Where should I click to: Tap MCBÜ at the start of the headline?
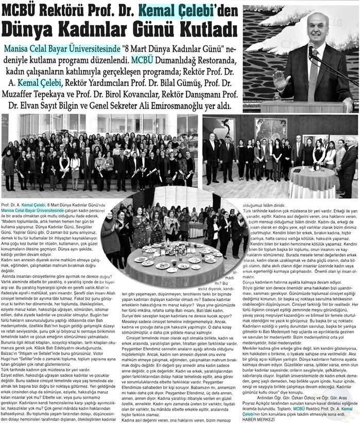click(x=22, y=10)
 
